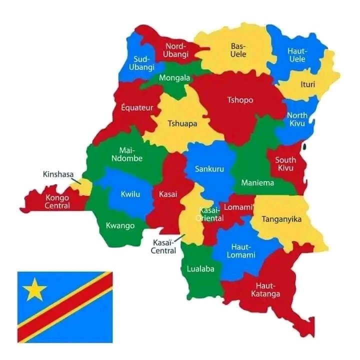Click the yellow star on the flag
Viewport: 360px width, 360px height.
(x=35, y=289)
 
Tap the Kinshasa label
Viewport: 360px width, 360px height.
(x=57, y=174)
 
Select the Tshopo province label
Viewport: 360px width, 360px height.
(x=240, y=100)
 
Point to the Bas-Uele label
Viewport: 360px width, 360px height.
(x=238, y=50)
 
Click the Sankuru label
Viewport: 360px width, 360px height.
(x=210, y=169)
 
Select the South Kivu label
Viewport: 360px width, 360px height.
(x=285, y=164)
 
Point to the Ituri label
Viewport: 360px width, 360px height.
(x=308, y=84)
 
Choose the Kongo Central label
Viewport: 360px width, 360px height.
(x=57, y=201)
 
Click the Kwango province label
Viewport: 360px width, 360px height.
(x=120, y=225)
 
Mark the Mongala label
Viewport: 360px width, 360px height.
(x=174, y=78)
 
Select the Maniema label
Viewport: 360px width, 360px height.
(x=257, y=182)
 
